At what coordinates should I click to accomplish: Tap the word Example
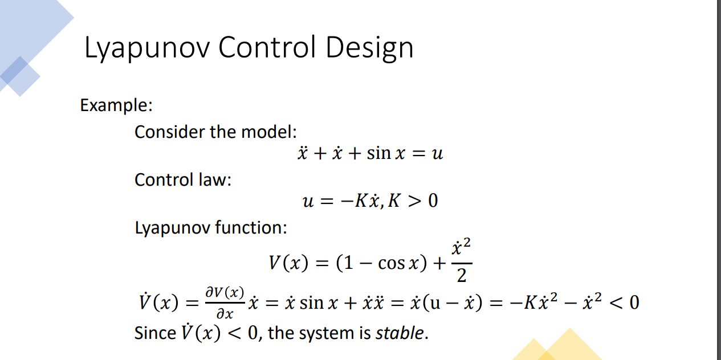(x=116, y=105)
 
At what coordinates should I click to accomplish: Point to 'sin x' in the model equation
(x=386, y=154)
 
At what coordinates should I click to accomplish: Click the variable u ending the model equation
(x=437, y=154)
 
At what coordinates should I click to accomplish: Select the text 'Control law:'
(x=182, y=180)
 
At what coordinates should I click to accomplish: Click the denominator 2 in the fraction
(x=462, y=277)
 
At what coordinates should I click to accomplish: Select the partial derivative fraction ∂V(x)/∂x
(x=225, y=302)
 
